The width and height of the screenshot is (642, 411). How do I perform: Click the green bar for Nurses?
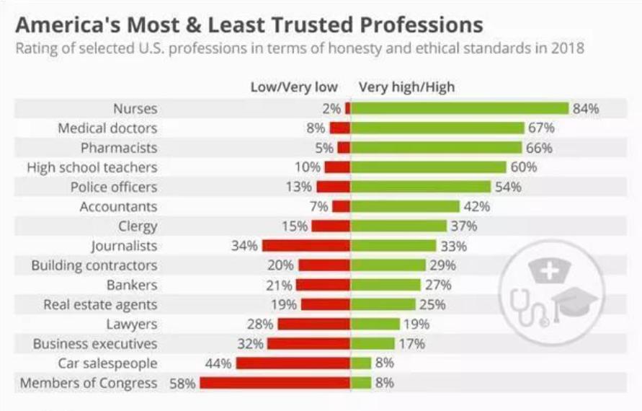click(x=460, y=108)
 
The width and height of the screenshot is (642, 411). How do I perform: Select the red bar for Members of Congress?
click(x=275, y=383)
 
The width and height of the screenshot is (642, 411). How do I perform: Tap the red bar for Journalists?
click(x=306, y=245)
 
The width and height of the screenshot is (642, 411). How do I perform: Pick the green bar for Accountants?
click(x=405, y=206)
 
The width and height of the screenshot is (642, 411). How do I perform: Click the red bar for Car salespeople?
click(x=293, y=363)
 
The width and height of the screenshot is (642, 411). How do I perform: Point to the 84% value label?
click(x=585, y=109)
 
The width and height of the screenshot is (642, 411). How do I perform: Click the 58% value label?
click(x=182, y=384)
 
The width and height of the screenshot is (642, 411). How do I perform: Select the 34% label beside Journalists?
click(x=244, y=246)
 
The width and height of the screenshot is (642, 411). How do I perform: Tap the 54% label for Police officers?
click(x=507, y=187)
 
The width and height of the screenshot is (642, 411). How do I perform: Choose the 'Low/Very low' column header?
click(x=294, y=87)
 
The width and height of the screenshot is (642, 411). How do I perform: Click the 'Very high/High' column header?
click(x=407, y=87)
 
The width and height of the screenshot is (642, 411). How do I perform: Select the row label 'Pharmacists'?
click(x=119, y=148)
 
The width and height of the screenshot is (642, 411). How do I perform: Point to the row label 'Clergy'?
click(x=138, y=226)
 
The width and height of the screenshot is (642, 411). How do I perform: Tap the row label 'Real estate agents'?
click(x=100, y=304)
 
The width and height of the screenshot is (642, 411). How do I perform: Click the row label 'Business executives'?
click(x=95, y=343)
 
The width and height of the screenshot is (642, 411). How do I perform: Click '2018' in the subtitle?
click(x=568, y=49)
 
